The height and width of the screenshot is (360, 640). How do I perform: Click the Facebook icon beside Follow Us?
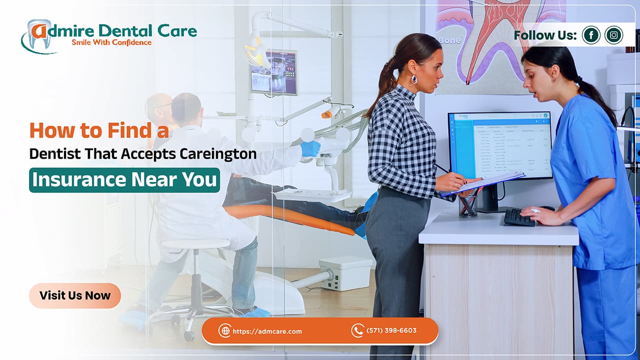pos(591,35)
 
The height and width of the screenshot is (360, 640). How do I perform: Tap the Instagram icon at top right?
pos(613,35)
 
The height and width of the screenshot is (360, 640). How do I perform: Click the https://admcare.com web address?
pos(267,331)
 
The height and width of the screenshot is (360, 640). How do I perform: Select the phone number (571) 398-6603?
pos(391,330)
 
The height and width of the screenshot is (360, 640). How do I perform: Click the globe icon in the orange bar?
pos(224,330)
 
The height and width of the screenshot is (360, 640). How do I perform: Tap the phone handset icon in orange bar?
pos(357,330)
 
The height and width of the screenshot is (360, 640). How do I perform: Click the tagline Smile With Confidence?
pos(111,42)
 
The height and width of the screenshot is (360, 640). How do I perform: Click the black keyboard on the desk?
pos(519,217)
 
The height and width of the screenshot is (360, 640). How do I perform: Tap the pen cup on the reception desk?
pos(468,205)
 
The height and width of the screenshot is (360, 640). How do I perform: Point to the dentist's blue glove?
pos(311,148)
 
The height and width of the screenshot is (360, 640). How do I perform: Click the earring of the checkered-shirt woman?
pos(414,79)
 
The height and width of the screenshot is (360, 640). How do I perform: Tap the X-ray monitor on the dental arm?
pos(273,72)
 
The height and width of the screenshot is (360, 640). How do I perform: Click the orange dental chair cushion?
pos(290,218)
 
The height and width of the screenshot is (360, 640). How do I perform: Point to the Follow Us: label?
pos(545,35)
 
